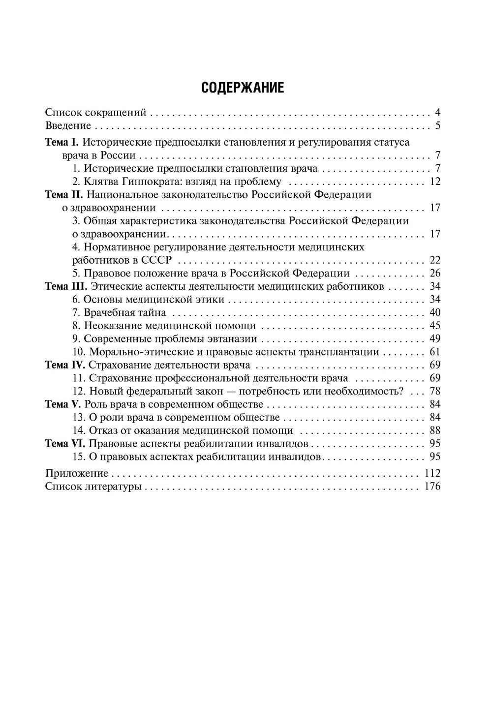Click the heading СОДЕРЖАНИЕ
coord(243,88)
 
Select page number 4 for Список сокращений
coord(437,112)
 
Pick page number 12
coord(435,182)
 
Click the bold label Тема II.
coord(63,194)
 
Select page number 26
coord(435,273)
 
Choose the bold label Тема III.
coord(66,286)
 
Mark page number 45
coord(435,326)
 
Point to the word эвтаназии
coord(232,339)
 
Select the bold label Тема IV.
coord(65,365)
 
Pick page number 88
coord(435,430)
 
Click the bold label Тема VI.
coord(65,444)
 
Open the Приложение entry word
coord(76,473)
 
